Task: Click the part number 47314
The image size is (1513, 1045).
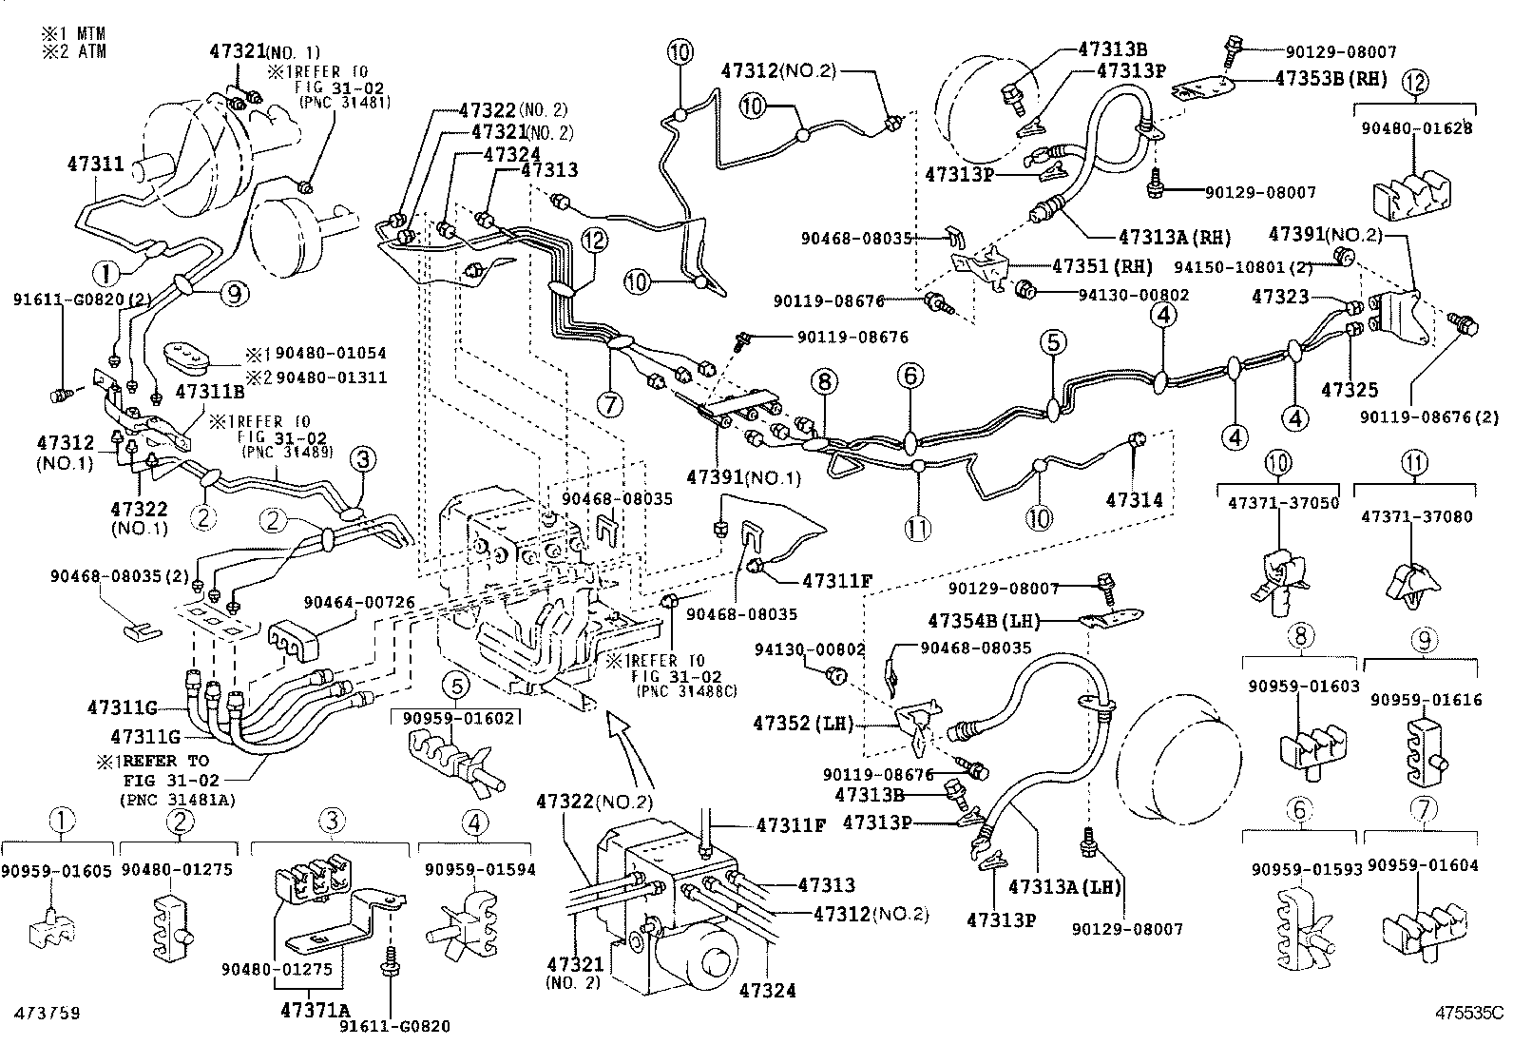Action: (1134, 500)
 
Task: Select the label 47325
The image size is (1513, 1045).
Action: (1350, 389)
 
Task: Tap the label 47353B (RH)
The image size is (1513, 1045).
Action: (1331, 79)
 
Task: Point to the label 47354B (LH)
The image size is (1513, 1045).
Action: (984, 621)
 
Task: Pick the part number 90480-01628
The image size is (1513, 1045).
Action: (1416, 127)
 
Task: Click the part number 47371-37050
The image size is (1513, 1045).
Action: (1283, 503)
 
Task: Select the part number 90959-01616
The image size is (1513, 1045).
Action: (1425, 700)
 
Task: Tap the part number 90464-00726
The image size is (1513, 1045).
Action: (359, 602)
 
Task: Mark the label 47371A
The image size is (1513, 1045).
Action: (316, 1010)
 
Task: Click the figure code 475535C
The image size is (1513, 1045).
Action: (1470, 1013)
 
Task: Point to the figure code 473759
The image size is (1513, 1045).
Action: (47, 1013)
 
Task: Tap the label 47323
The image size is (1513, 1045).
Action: (1280, 297)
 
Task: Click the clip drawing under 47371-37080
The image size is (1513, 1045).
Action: (1413, 586)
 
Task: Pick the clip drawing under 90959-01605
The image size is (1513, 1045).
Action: (52, 927)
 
